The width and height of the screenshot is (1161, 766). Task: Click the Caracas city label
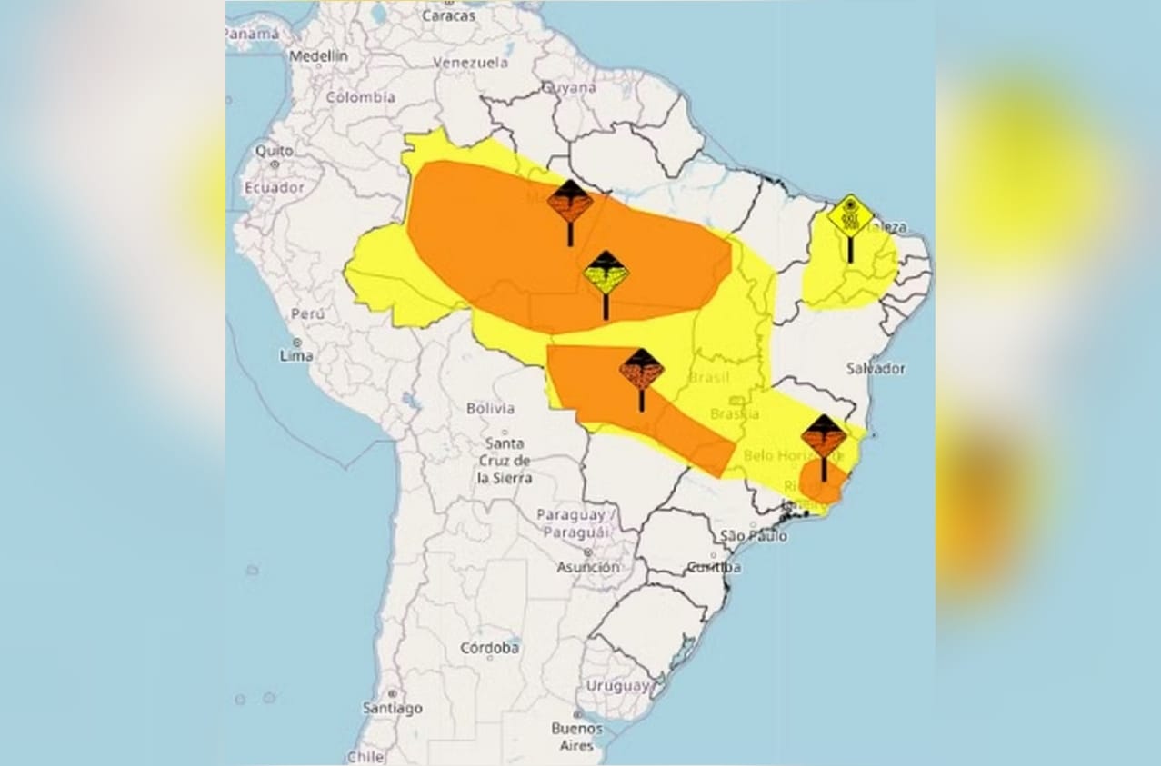pyautogui.click(x=449, y=15)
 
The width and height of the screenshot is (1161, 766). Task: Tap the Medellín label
pyautogui.click(x=318, y=56)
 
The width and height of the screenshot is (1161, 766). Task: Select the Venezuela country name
pyautogui.click(x=470, y=63)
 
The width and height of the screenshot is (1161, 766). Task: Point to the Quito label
pyautogui.click(x=274, y=150)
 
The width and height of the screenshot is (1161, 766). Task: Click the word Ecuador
pyautogui.click(x=274, y=186)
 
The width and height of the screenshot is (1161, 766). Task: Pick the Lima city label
pyautogui.click(x=296, y=355)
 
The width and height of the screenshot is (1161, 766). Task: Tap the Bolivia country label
pyautogui.click(x=490, y=408)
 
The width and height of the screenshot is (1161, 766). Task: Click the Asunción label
pyautogui.click(x=588, y=566)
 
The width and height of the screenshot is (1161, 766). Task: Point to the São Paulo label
pyautogui.click(x=753, y=536)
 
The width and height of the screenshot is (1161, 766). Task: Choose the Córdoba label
pyautogui.click(x=489, y=648)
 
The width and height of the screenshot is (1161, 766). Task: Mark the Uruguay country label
pyautogui.click(x=618, y=685)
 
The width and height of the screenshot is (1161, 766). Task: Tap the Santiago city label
pyautogui.click(x=393, y=708)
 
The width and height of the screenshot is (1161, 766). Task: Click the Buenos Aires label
pyautogui.click(x=576, y=737)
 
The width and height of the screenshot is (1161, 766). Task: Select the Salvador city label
pyautogui.click(x=876, y=368)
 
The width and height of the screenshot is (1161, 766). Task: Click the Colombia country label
pyautogui.click(x=361, y=96)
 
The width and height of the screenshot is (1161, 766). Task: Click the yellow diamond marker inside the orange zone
pyautogui.click(x=606, y=274)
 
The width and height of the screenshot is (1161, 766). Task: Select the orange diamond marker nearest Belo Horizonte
pyautogui.click(x=824, y=437)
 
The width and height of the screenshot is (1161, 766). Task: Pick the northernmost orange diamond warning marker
pyautogui.click(x=570, y=202)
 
